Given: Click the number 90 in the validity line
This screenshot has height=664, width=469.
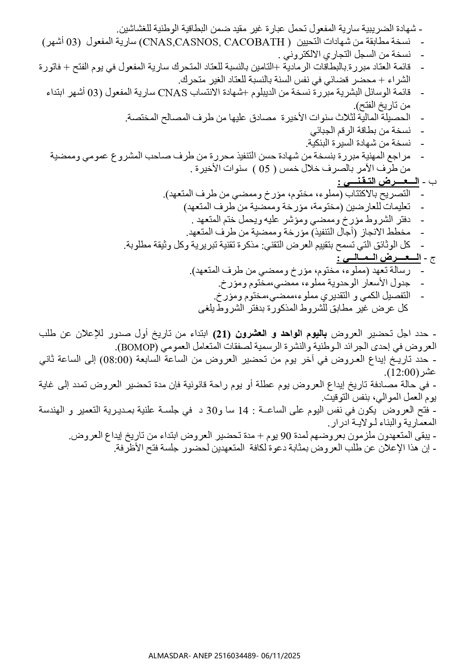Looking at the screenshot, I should [285, 436].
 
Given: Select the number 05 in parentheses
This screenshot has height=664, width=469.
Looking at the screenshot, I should [266, 169].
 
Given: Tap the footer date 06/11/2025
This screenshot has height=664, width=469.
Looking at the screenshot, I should [281, 655].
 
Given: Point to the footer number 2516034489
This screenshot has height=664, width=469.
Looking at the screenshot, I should [236, 655].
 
